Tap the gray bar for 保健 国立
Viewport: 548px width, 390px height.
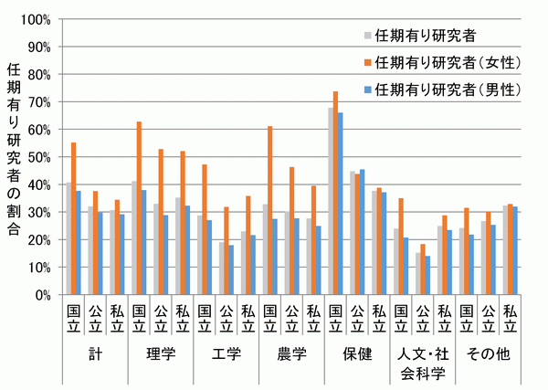[x=330, y=201]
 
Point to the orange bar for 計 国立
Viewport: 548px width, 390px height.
[x=73, y=218]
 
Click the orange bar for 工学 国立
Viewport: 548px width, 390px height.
[x=204, y=229]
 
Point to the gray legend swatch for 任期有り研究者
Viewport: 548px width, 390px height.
[x=367, y=37]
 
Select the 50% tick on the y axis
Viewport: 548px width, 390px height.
[x=37, y=157]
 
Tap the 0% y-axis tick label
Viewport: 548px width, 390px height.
[x=41, y=295]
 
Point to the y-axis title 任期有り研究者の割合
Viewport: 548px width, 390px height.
[x=13, y=155]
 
